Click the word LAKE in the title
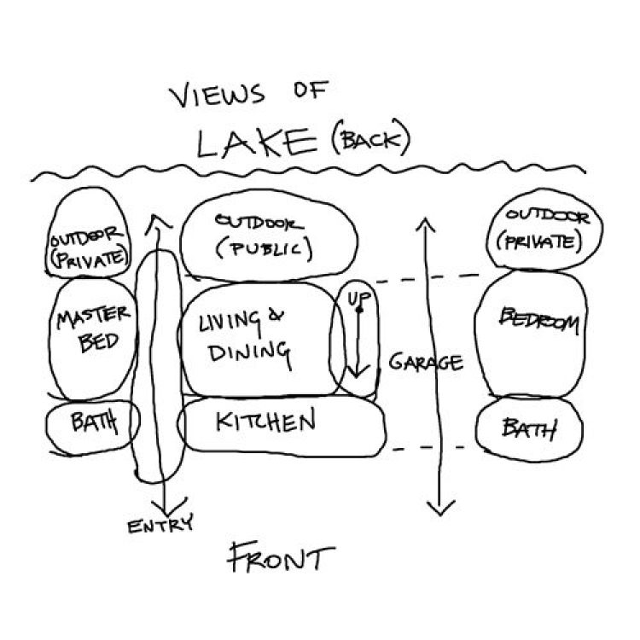257,143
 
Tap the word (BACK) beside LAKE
370,138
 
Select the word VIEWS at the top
217,94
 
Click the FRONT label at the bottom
282,557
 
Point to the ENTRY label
160,524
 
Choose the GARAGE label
426,362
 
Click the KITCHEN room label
265,421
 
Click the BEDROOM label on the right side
539,320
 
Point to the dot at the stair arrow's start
359,311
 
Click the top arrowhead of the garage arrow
425,224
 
